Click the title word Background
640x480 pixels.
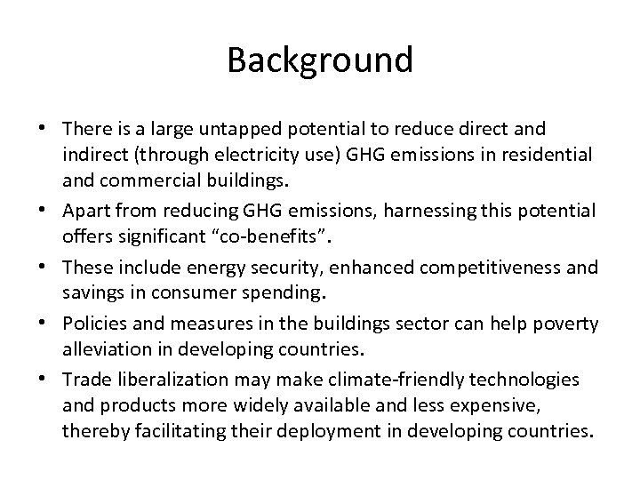[x=320, y=60]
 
